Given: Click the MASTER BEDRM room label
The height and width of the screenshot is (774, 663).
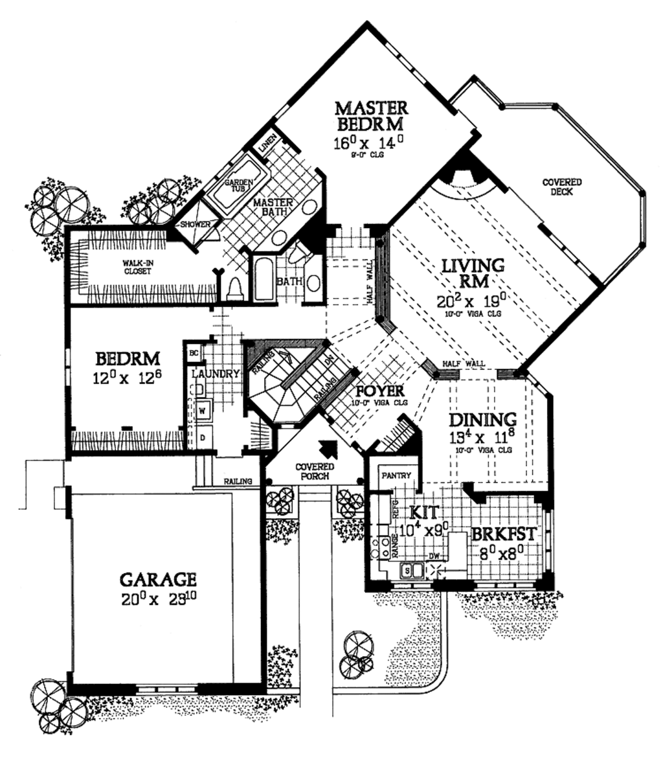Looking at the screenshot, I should (x=372, y=115).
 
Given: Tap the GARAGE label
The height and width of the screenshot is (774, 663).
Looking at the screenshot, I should (x=158, y=578).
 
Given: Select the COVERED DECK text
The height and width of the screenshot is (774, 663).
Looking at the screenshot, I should (x=561, y=187).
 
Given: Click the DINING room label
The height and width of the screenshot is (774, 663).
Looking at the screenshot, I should (x=483, y=420).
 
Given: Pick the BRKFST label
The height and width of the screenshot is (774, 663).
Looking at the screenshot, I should (x=503, y=535).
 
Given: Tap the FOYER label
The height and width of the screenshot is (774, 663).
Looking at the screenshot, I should (x=380, y=391).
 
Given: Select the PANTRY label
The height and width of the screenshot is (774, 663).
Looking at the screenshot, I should (x=396, y=475).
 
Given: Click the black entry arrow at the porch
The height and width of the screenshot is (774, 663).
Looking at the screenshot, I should (x=329, y=448).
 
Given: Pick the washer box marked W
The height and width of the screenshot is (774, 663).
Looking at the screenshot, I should (x=202, y=410).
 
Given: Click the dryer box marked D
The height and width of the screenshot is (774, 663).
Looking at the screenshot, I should (x=202, y=437).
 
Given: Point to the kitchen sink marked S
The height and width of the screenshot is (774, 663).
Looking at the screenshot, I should (x=407, y=570).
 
